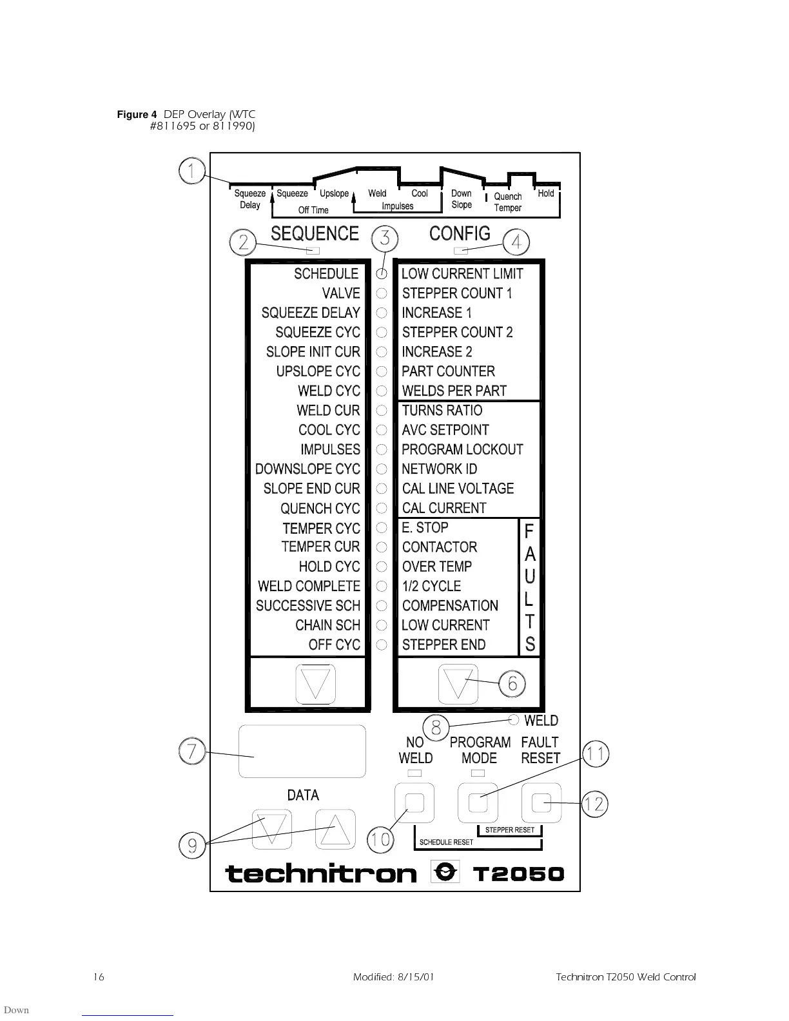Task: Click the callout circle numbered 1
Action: (x=191, y=171)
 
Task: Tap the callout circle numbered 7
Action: (x=191, y=752)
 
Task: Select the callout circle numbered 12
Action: (x=594, y=804)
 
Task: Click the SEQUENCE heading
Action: (x=315, y=233)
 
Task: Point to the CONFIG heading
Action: (x=460, y=233)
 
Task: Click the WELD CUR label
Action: (x=328, y=411)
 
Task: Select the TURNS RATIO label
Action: (x=442, y=411)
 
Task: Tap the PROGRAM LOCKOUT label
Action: (x=462, y=449)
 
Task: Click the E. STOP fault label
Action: (x=425, y=527)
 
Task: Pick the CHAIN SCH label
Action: (x=327, y=625)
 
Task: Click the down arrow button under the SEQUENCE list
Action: (x=315, y=684)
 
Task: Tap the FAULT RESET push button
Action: (x=541, y=803)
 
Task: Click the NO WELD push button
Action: (x=414, y=803)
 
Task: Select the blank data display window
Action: (x=302, y=752)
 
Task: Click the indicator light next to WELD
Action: (x=514, y=720)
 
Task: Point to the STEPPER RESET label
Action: (x=509, y=830)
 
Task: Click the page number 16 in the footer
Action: (x=98, y=977)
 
